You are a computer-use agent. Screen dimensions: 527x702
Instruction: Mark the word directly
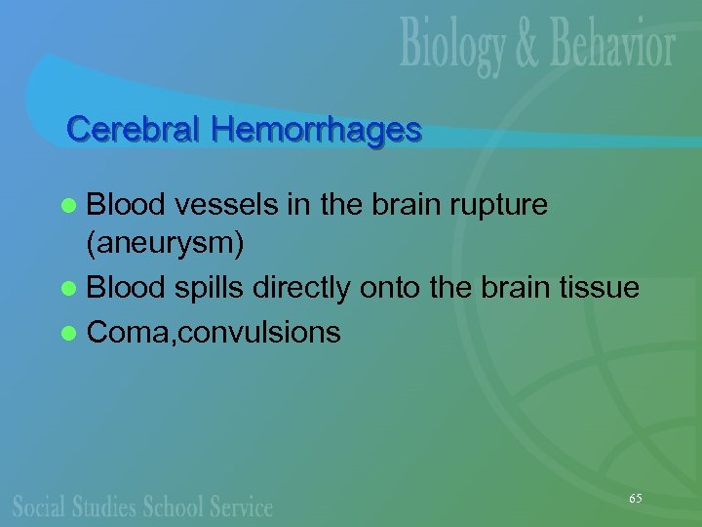pyautogui.click(x=300, y=289)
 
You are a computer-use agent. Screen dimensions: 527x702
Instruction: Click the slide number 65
pyautogui.click(x=635, y=499)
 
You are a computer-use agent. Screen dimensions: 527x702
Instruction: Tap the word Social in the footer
pyautogui.click(x=40, y=506)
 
